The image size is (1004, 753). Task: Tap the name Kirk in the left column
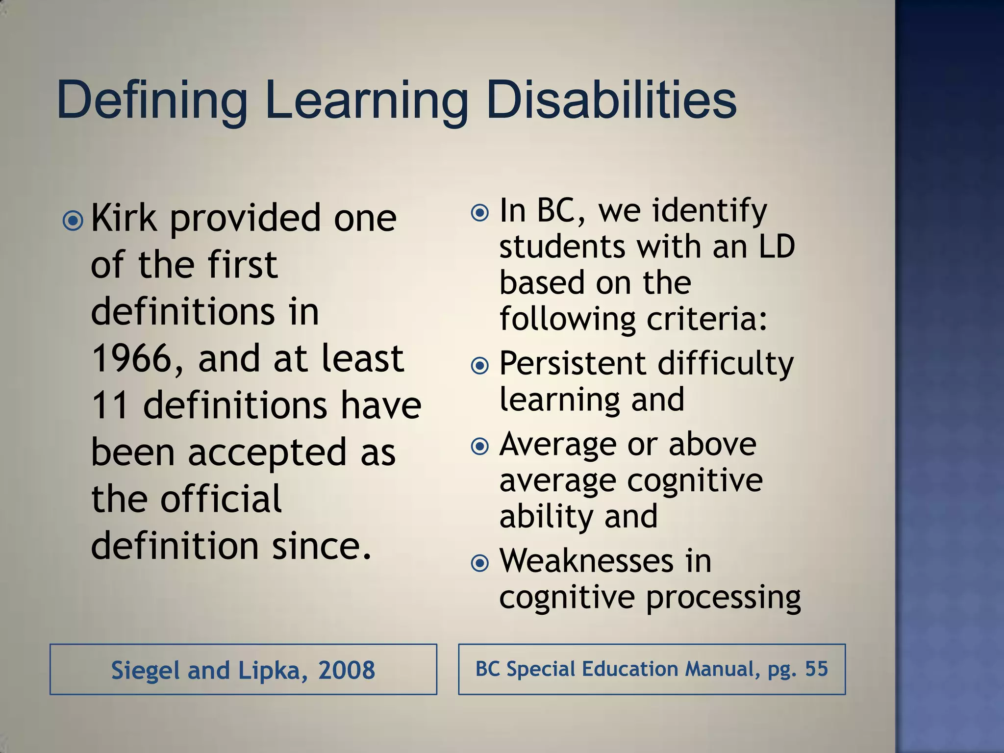tap(125, 218)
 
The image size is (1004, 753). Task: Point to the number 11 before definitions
tap(110, 406)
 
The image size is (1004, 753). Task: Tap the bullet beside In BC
tap(479, 213)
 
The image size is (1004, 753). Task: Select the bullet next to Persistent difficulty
tap(479, 366)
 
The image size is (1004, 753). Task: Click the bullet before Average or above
tap(479, 446)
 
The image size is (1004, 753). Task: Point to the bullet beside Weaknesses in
tap(479, 563)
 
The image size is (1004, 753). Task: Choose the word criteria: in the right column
tap(707, 320)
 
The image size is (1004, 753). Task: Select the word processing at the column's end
tap(724, 598)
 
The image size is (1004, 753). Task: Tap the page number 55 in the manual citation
tap(816, 669)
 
